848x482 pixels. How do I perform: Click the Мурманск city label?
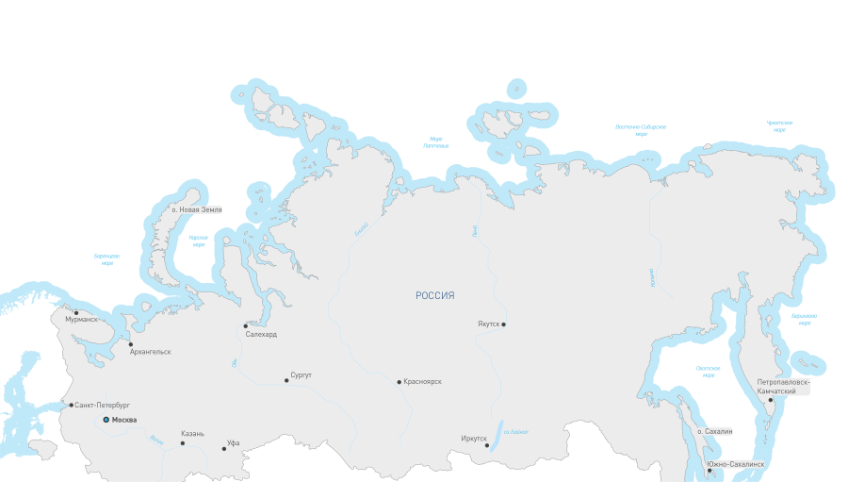point(82,320)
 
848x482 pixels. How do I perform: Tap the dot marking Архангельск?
point(131,344)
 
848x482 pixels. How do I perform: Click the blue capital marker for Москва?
point(106,420)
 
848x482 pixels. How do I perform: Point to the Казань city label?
point(192,434)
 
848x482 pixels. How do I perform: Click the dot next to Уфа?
point(224,449)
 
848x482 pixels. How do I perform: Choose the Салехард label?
point(261,334)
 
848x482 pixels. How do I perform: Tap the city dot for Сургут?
point(286,381)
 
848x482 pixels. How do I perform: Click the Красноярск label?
point(422,382)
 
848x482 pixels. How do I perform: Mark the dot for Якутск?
point(504,324)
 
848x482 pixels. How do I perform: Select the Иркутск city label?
point(474,439)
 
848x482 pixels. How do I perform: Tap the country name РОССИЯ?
point(435,296)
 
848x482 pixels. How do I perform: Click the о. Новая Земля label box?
point(196,209)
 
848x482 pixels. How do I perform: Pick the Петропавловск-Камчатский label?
point(783,387)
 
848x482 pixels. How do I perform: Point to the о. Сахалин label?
point(714,431)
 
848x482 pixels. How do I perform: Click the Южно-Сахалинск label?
point(736,465)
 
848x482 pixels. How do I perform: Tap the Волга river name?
point(156,439)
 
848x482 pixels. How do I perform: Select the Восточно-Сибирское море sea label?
point(641,129)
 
